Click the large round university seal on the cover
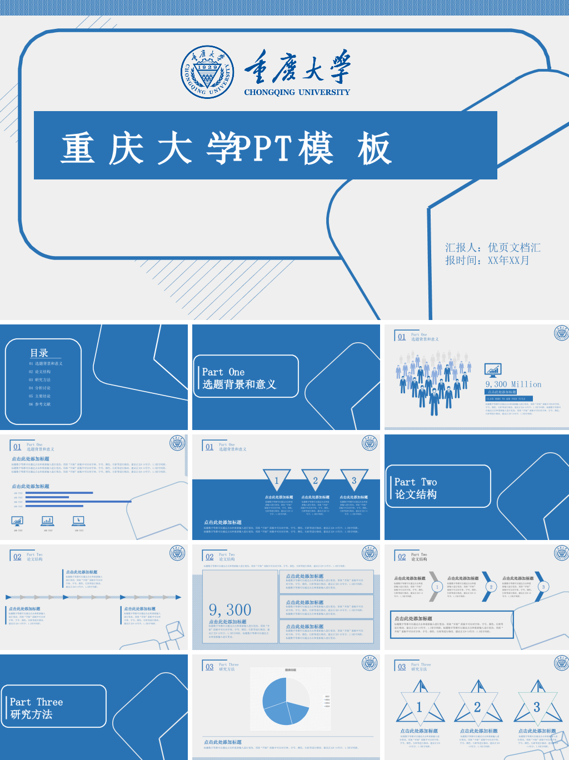[207, 72]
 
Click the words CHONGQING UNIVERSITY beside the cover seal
[297, 92]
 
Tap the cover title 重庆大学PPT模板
[227, 148]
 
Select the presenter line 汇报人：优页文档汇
[492, 248]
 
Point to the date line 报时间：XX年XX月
[487, 260]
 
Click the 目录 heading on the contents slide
[39, 353]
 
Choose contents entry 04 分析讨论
[39, 388]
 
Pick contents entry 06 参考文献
[39, 404]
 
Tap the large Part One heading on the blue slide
[223, 372]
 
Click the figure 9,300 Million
[513, 384]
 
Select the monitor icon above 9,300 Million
[493, 369]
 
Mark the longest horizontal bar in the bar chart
[78, 502]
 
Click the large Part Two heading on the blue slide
[415, 482]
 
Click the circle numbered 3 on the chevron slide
[543, 587]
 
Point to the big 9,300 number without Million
[230, 610]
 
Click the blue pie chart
[286, 701]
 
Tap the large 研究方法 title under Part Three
[31, 714]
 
